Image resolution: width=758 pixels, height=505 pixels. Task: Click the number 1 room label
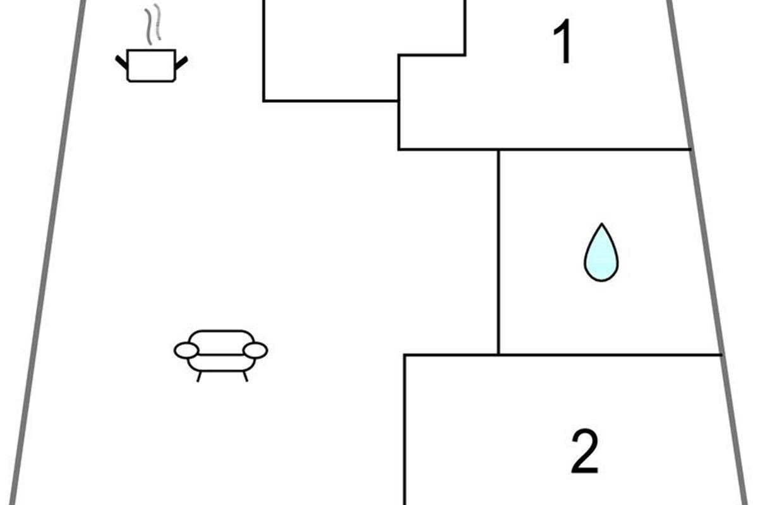coord(563,42)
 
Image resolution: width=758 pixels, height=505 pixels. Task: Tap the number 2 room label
coord(585,451)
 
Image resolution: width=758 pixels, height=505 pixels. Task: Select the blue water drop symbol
coord(601,252)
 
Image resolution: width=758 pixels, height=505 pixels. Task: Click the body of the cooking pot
coord(151,66)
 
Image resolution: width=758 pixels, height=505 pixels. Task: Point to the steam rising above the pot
coord(153,25)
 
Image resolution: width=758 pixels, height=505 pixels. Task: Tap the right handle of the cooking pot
coord(181,62)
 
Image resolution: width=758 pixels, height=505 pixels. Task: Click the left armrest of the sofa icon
coord(186,350)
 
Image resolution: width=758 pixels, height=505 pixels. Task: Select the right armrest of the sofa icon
coord(255,350)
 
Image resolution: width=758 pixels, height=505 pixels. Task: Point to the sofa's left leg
coord(200,376)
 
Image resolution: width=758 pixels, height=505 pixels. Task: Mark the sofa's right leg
coord(245,376)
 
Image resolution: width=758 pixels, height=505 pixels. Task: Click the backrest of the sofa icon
coord(221,342)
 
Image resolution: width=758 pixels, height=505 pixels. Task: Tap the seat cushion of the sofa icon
coord(221,363)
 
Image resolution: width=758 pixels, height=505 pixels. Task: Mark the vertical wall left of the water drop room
coord(498,252)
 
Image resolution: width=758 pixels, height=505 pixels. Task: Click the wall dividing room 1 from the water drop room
coord(544,149)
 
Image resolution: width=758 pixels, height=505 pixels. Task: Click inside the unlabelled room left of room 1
coord(330,50)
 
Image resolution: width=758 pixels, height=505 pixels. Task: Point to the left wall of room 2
coord(405,430)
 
